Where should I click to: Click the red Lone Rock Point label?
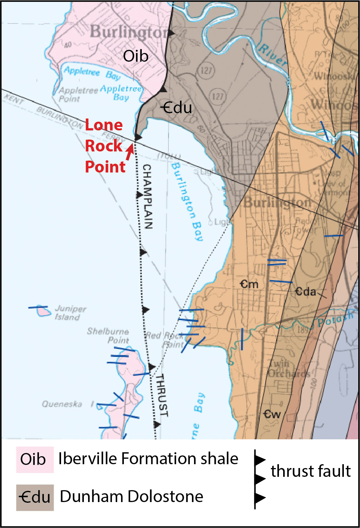tap(105, 146)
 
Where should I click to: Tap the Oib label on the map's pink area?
tap(135, 56)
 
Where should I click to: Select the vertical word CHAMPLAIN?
tap(148, 196)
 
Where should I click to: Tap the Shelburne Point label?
tap(108, 336)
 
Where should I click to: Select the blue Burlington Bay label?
tap(187, 202)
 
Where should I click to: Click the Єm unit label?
tap(249, 284)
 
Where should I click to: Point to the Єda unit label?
tap(305, 291)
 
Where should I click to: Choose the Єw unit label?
tap(272, 414)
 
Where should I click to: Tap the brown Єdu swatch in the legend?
tap(35, 497)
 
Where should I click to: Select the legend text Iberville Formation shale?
tap(148, 459)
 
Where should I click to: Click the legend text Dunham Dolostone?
tap(132, 496)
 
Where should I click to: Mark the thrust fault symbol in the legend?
tap(259, 479)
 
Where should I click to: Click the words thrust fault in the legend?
tap(311, 471)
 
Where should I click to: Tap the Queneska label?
tap(62, 404)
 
